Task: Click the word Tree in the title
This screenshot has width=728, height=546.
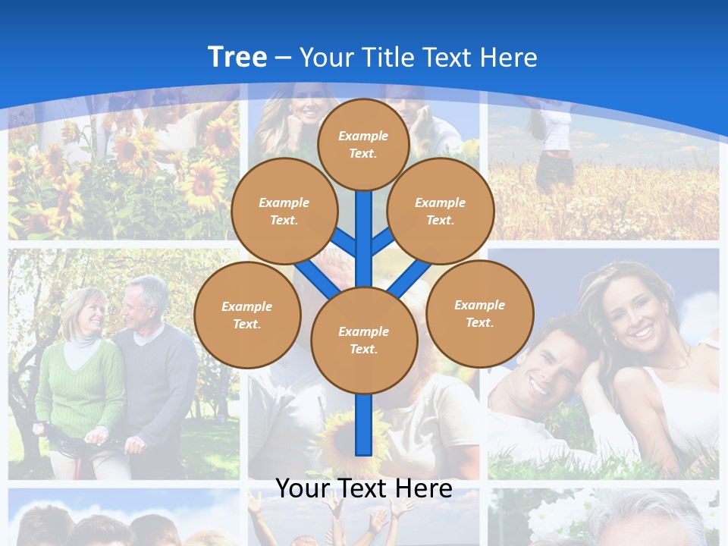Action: coord(237,57)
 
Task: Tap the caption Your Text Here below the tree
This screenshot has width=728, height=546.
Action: coord(363,488)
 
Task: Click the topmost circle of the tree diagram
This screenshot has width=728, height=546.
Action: coord(363,144)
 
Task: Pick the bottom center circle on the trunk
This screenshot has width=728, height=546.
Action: coord(364,340)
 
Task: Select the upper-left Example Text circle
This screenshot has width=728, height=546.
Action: coord(284,211)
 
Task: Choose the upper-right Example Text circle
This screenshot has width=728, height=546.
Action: coord(441,211)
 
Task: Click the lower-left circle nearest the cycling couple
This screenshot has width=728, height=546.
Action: coord(247,315)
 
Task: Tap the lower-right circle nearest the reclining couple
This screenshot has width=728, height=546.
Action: coord(480,313)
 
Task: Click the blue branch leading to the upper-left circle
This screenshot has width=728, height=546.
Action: coord(345,243)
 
